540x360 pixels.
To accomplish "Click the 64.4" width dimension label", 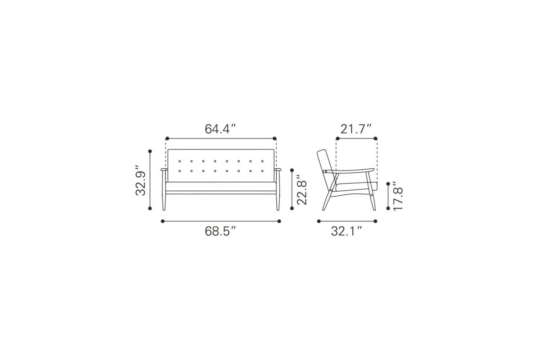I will pyautogui.click(x=220, y=129).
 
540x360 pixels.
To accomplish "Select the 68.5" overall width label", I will pyautogui.click(x=220, y=231).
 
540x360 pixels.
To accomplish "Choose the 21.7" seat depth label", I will pyautogui.click(x=356, y=129).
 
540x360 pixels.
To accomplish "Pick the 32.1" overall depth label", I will pyautogui.click(x=347, y=231).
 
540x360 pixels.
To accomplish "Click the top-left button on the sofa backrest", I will pyautogui.click(x=180, y=161).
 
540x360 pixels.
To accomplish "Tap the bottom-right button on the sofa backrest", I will pyautogui.click(x=261, y=171).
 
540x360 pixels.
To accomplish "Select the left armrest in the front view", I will pyautogui.click(x=164, y=170).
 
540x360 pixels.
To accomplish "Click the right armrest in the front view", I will pyautogui.click(x=278, y=170).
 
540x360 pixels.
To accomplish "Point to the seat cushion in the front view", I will pyautogui.click(x=220, y=186).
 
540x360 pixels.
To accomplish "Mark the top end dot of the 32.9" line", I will pyautogui.click(x=150, y=152).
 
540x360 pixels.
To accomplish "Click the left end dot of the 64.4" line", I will pyautogui.click(x=167, y=139).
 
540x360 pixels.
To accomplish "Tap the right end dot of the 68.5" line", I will pyautogui.click(x=279, y=221).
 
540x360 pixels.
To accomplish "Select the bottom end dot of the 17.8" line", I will pyautogui.click(x=388, y=208).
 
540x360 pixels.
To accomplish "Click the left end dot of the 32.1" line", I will pyautogui.click(x=319, y=221).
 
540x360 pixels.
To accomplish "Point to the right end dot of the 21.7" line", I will pyautogui.click(x=376, y=139).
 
